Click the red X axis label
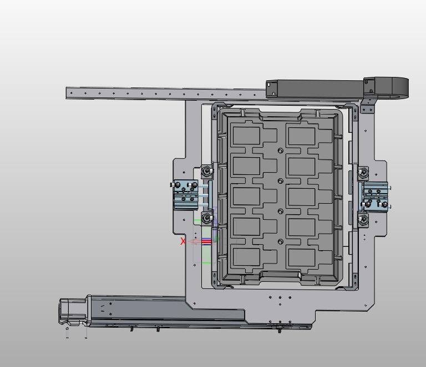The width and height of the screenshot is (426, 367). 183,241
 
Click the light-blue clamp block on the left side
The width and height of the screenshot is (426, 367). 186,195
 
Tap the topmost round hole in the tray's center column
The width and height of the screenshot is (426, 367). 281,151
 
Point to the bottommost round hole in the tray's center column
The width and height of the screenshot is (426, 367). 281,241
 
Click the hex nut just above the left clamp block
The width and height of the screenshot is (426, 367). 207,171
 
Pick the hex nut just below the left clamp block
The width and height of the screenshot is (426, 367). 207,218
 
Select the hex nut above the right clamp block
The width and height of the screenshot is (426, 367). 363,172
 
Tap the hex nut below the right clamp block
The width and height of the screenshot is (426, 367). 363,218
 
